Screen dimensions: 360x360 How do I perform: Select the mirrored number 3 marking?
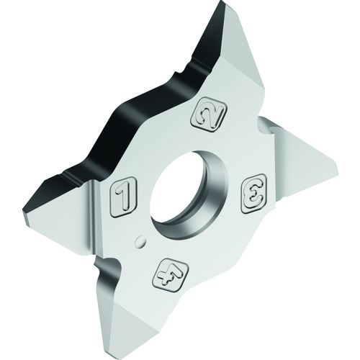click(x=253, y=194)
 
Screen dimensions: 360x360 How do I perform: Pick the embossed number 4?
click(x=171, y=275)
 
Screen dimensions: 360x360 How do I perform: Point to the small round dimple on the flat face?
click(x=140, y=241)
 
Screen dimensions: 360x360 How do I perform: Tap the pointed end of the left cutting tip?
click(x=23, y=212)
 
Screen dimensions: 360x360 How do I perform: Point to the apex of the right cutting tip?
click(x=337, y=166)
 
